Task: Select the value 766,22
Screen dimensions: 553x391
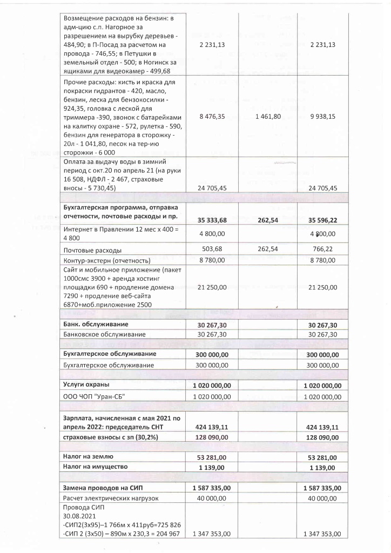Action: coord(323,249)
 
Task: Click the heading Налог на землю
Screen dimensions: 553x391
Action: coord(88,456)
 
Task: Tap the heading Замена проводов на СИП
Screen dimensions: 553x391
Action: coord(103,487)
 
